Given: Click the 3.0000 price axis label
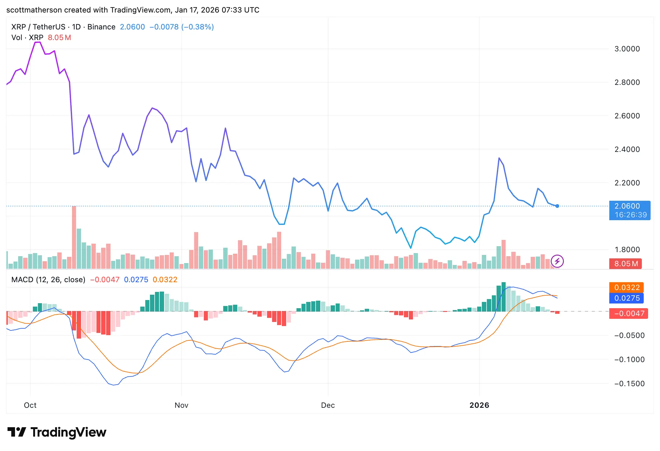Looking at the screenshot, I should click(627, 49).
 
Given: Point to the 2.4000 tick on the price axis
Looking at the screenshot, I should click(627, 149).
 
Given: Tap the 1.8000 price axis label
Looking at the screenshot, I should click(627, 250).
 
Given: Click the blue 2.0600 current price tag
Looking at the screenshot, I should click(629, 210).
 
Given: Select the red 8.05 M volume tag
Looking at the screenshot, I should click(626, 264).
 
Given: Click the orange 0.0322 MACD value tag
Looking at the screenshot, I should click(626, 288).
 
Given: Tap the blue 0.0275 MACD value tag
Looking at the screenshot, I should click(626, 298).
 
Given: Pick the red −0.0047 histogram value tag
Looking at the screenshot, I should click(628, 314).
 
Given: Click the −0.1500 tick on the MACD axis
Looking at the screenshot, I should click(629, 384).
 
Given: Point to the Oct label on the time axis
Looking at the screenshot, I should click(30, 405).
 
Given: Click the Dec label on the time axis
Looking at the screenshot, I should click(328, 405).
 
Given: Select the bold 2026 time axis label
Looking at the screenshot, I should click(479, 405).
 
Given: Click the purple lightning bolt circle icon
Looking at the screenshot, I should click(557, 261).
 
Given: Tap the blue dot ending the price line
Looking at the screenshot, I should click(557, 206).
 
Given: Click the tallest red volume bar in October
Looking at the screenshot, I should click(74, 238).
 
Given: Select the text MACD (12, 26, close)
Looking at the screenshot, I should click(48, 280).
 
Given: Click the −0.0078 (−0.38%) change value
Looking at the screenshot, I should click(182, 27).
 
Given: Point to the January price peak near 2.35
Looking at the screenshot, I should click(499, 158).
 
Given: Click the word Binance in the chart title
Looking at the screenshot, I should click(101, 27).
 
